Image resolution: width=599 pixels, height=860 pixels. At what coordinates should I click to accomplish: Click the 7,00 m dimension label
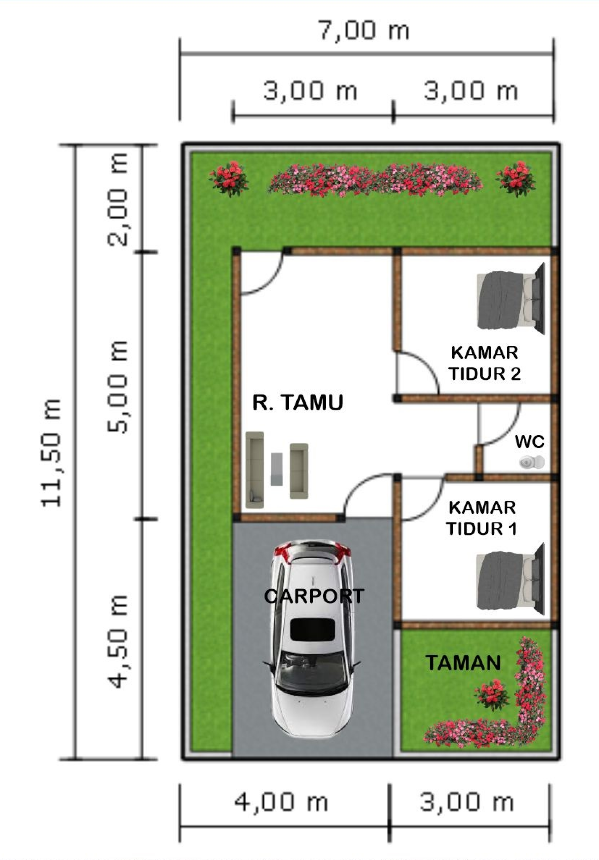pyautogui.click(x=364, y=31)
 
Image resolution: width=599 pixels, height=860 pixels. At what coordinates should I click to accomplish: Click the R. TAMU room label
pyautogui.click(x=298, y=403)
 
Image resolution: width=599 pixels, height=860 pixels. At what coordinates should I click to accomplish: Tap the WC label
pyautogui.click(x=529, y=442)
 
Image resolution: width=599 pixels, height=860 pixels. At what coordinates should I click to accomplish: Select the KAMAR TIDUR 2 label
pyautogui.click(x=485, y=363)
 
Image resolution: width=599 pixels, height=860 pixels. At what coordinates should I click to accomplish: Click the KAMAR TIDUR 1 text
pyautogui.click(x=482, y=518)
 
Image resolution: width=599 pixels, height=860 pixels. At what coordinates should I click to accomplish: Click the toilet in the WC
pyautogui.click(x=531, y=463)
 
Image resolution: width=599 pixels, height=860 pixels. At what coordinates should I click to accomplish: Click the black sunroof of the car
pyautogui.click(x=312, y=630)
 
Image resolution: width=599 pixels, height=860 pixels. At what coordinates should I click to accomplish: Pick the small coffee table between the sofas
pyautogui.click(x=277, y=469)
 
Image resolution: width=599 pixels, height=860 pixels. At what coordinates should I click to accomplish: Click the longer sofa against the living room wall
pyautogui.click(x=255, y=470)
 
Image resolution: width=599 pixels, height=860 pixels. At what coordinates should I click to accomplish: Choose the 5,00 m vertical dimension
pyautogui.click(x=117, y=387)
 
